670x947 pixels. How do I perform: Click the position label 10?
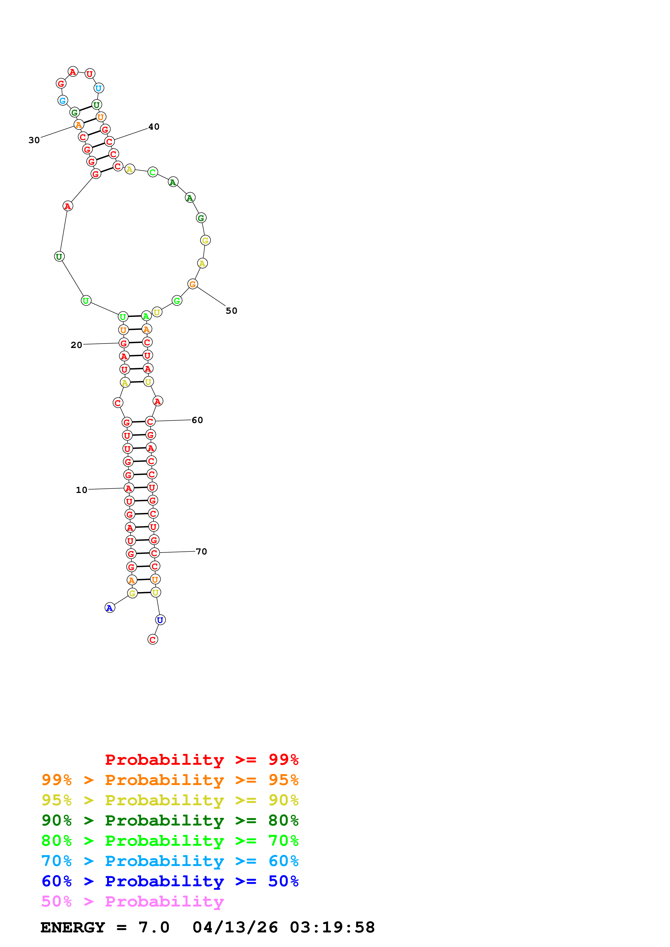pos(81,490)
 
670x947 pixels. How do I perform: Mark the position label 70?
pos(201,552)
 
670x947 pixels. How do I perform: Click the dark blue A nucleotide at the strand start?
pos(109,608)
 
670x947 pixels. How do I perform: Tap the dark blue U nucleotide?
pos(160,620)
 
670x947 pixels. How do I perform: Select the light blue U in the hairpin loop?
pos(99,88)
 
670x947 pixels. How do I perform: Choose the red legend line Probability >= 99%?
pos(201,759)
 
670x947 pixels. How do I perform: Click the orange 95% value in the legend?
pos(283,780)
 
